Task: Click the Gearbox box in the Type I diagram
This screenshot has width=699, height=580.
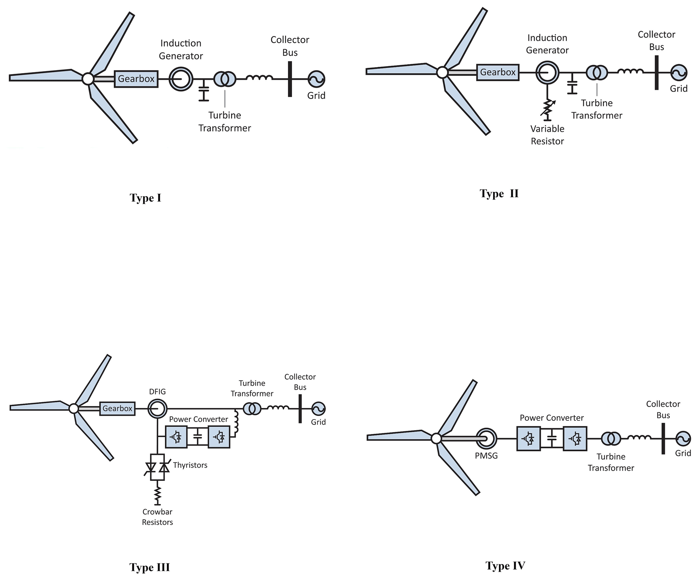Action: pyautogui.click(x=136, y=79)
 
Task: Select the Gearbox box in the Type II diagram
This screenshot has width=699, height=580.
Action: pyautogui.click(x=497, y=72)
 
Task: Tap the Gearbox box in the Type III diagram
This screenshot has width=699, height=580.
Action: pyautogui.click(x=117, y=409)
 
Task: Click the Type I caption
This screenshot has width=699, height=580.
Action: pyautogui.click(x=145, y=198)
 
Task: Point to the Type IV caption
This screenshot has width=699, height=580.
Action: pyautogui.click(x=505, y=565)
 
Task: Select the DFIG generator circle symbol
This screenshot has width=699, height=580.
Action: pyautogui.click(x=157, y=409)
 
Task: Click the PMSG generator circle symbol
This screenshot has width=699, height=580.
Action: pyautogui.click(x=486, y=439)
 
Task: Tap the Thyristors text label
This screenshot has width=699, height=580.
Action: pyautogui.click(x=190, y=465)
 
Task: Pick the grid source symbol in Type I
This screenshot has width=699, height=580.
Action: pyautogui.click(x=316, y=79)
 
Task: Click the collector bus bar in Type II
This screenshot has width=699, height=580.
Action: pyautogui.click(x=656, y=72)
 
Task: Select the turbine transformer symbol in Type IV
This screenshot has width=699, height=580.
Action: pyautogui.click(x=611, y=439)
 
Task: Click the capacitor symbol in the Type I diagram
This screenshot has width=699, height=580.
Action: pyautogui.click(x=204, y=91)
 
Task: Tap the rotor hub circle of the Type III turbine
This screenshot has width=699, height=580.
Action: pyautogui.click(x=74, y=409)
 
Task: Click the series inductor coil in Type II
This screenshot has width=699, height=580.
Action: pyautogui.click(x=630, y=72)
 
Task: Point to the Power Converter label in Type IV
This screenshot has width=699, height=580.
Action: pyautogui.click(x=552, y=418)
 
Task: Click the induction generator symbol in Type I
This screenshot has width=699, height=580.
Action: pyautogui.click(x=181, y=79)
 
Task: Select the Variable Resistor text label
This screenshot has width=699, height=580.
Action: pyautogui.click(x=547, y=135)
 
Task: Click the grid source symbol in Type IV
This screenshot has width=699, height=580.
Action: pyautogui.click(x=683, y=439)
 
